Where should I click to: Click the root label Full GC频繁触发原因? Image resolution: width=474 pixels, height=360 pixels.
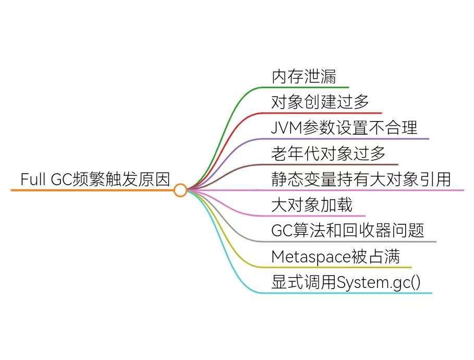(x=95, y=179)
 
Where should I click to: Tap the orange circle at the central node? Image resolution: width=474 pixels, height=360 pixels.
(x=180, y=190)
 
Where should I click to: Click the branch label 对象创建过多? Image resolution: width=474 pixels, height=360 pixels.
(x=320, y=102)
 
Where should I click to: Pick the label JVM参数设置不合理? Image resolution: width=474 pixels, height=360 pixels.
(x=344, y=128)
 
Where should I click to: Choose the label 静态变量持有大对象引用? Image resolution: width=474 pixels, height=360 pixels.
(x=360, y=179)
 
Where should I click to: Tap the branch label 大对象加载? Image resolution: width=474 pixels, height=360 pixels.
(x=312, y=205)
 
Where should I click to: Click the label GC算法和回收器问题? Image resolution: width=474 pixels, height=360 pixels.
(x=348, y=230)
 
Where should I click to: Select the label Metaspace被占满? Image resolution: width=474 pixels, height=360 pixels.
(x=335, y=256)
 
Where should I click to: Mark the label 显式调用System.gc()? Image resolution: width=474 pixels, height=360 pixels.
(x=346, y=282)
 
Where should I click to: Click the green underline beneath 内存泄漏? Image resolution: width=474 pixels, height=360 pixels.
(x=308, y=87)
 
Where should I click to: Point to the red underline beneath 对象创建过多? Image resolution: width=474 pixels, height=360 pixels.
(x=323, y=113)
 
